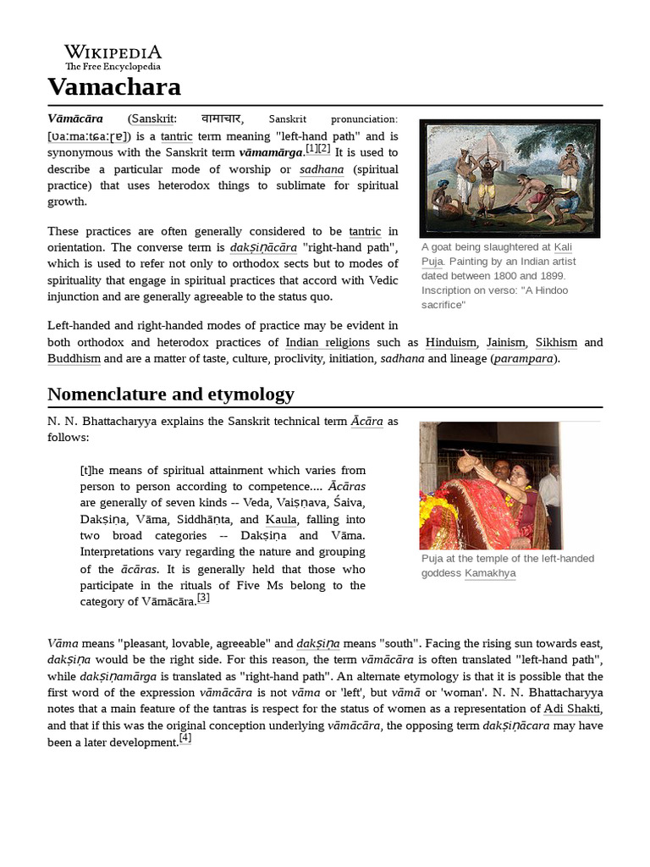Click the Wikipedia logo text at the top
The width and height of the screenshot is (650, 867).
[x=113, y=53]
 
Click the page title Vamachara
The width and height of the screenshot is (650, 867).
[x=113, y=87]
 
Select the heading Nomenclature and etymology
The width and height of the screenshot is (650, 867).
[x=170, y=394]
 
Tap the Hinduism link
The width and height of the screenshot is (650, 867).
[x=450, y=343]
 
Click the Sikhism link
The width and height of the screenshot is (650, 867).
[x=554, y=343]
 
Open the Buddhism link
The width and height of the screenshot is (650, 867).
[x=74, y=359]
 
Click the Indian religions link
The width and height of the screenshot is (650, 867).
[x=327, y=343]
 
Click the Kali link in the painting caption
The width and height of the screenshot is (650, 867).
[x=565, y=246]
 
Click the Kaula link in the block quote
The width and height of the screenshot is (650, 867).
[x=280, y=519]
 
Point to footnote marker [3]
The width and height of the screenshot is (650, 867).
[x=203, y=598]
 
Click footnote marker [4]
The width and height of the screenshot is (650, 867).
[x=185, y=738]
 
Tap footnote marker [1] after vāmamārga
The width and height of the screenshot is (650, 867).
[x=311, y=148]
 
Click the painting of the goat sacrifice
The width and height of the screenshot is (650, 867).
[x=510, y=178]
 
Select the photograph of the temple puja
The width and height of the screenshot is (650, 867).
[x=490, y=485]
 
